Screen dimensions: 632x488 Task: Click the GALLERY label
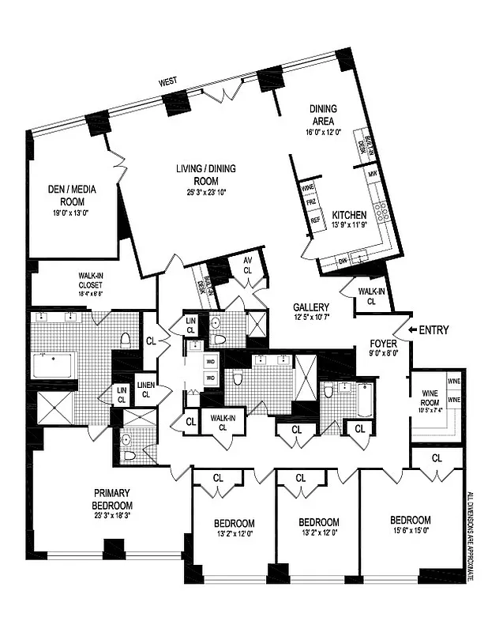tap(311, 307)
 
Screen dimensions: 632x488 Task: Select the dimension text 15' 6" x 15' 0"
tap(411, 531)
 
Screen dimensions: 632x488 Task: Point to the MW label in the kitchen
tap(372, 173)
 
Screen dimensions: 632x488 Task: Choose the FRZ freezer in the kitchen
tap(310, 203)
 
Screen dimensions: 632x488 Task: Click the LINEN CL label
tap(146, 389)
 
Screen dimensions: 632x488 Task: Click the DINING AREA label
tap(325, 117)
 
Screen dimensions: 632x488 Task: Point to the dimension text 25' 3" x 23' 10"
tap(211, 191)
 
